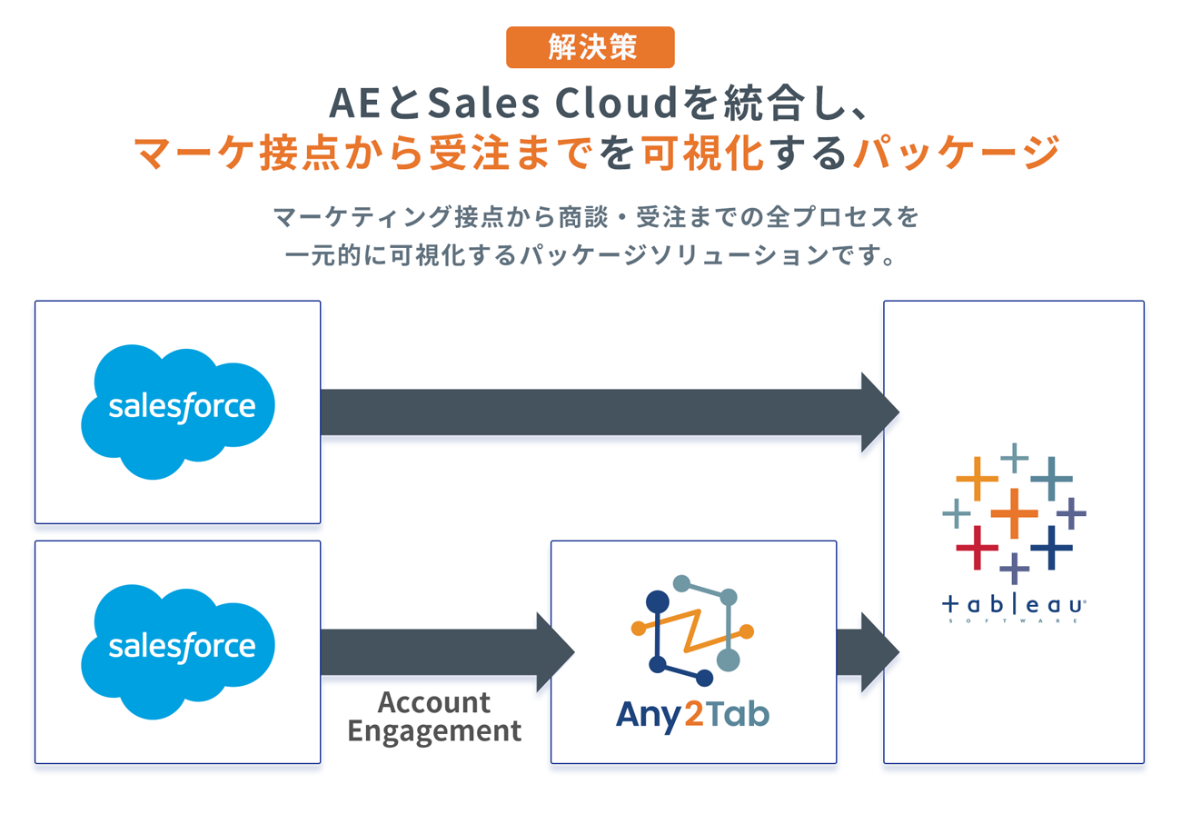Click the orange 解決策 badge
[590, 47]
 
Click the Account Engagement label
[434, 717]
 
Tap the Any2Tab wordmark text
[692, 714]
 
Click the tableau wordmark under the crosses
[1014, 603]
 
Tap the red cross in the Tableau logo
[978, 548]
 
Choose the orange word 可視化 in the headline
[701, 152]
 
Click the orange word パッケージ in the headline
[956, 152]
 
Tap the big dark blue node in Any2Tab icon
[657, 601]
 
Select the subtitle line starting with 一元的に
[590, 255]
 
